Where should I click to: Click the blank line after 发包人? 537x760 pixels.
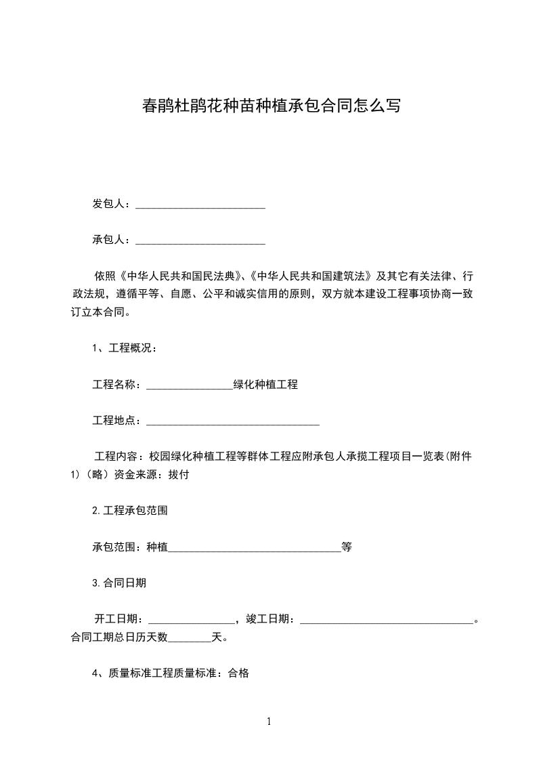pos(200,205)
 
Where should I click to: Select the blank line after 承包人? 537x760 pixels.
pos(200,240)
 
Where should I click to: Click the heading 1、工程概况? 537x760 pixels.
pos(125,349)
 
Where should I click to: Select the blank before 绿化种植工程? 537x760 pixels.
pos(190,386)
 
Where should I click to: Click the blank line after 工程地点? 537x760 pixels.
pos(233,422)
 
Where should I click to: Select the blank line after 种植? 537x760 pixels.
pos(255,548)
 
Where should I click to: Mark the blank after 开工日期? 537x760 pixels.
pos(192,620)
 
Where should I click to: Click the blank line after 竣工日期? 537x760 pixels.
pos(386,620)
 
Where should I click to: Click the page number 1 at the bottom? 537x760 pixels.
pos(269,722)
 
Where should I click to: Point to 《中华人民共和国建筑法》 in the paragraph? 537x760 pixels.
pos(312,276)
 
